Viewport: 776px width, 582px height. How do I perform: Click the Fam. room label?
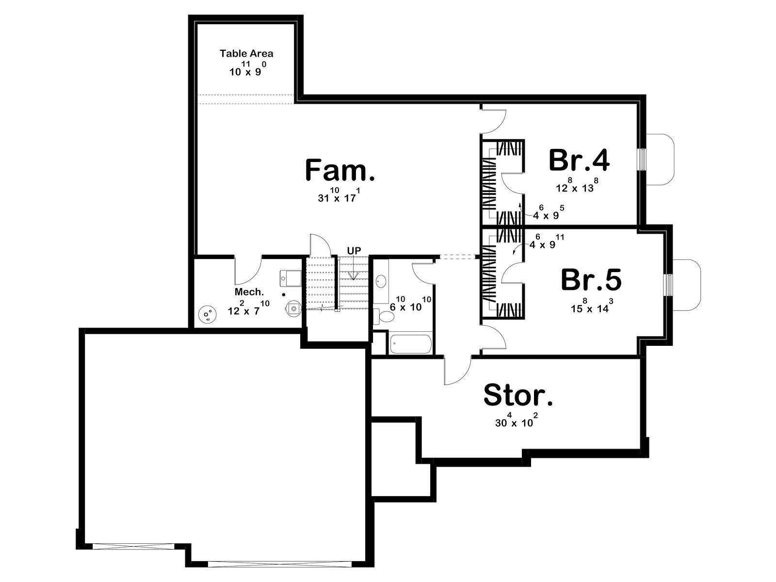click(x=339, y=170)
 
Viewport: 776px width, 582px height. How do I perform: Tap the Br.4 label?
click(x=579, y=161)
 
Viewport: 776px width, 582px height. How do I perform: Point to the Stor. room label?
click(x=518, y=395)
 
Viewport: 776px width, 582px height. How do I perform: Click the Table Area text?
click(x=246, y=53)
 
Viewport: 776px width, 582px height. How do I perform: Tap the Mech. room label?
click(x=249, y=292)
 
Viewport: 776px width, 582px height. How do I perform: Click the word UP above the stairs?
click(x=354, y=251)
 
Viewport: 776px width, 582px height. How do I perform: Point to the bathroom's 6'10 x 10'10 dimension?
click(x=410, y=304)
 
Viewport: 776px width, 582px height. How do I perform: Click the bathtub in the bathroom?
click(x=410, y=343)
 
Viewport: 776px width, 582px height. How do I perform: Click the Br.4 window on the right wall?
click(x=642, y=160)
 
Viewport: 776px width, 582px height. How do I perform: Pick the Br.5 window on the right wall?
click(x=668, y=285)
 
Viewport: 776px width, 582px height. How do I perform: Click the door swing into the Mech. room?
click(x=252, y=276)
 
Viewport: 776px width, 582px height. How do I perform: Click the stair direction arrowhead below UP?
click(x=354, y=275)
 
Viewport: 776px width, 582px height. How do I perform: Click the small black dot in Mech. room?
click(x=284, y=294)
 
